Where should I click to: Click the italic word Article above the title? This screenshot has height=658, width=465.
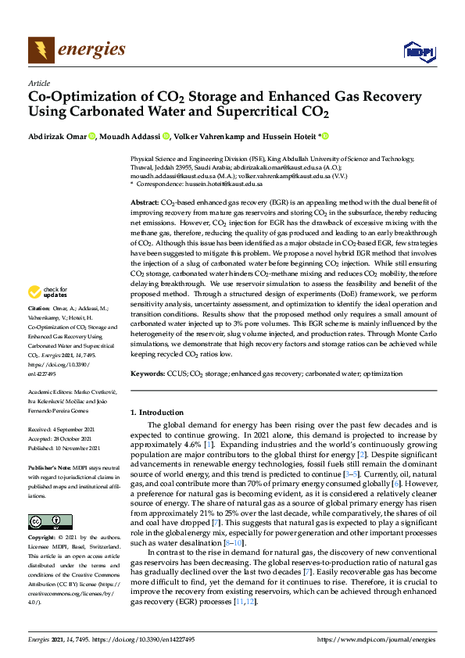tap(38, 83)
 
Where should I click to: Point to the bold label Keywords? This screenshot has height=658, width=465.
tap(146, 374)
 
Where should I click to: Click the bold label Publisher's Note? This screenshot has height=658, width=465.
tap(48, 466)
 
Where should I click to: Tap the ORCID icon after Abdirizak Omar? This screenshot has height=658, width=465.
tap(91, 137)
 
